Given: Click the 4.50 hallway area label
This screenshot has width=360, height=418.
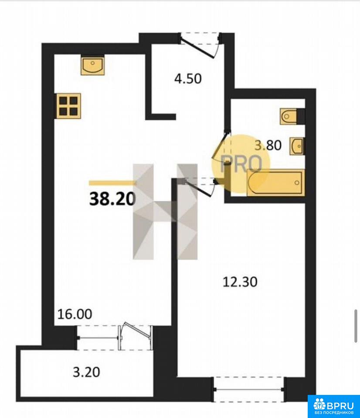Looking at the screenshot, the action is pyautogui.click(x=188, y=79).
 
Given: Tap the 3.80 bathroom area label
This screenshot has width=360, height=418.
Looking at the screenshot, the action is pyautogui.click(x=268, y=145).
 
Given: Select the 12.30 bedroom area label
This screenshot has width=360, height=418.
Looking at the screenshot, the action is pyautogui.click(x=240, y=282).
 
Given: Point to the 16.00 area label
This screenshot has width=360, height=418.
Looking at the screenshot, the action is pyautogui.click(x=75, y=314).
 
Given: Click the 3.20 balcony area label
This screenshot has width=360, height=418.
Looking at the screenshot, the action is pyautogui.click(x=86, y=372).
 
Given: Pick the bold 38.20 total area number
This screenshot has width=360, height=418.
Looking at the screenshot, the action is pyautogui.click(x=112, y=199).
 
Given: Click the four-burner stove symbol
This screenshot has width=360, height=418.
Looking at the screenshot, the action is pyautogui.click(x=68, y=106).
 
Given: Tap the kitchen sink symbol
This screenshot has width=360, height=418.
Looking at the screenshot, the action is pyautogui.click(x=92, y=65).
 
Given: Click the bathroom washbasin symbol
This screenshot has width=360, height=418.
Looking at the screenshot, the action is pyautogui.click(x=297, y=146).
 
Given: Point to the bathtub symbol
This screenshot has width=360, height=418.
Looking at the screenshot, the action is pyautogui.click(x=276, y=182).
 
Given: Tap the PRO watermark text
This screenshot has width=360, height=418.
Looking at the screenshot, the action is pyautogui.click(x=241, y=163).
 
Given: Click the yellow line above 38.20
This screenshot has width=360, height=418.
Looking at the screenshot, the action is pyautogui.click(x=112, y=183).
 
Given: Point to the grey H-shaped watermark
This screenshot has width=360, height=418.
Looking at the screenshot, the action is pyautogui.click(x=165, y=212).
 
